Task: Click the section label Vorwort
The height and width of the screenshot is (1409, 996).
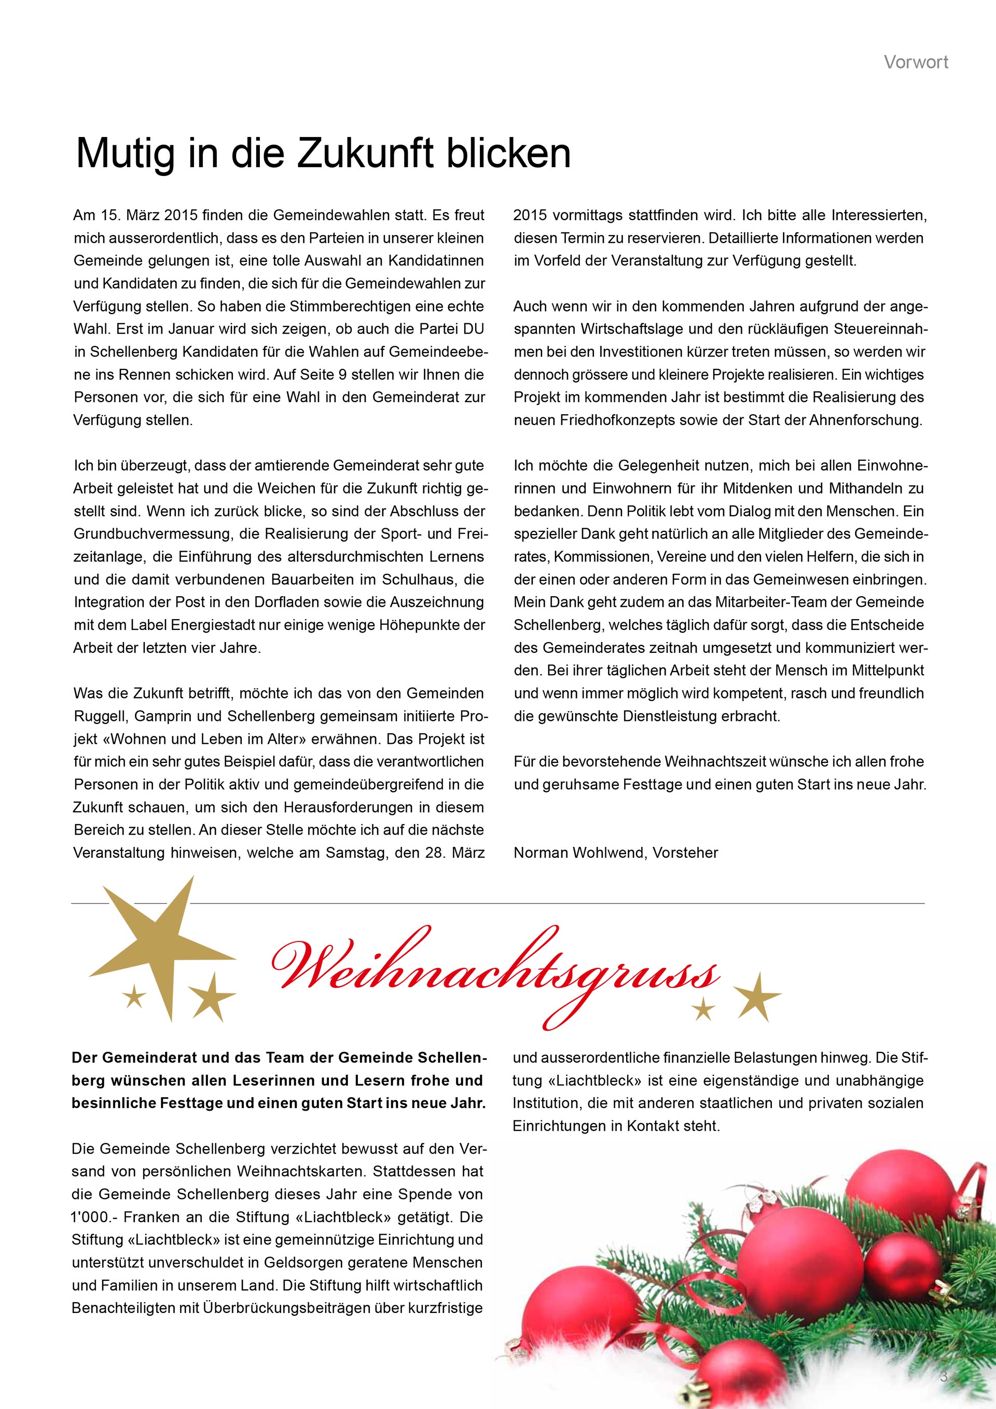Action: (916, 62)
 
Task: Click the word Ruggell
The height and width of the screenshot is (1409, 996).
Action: (100, 716)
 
